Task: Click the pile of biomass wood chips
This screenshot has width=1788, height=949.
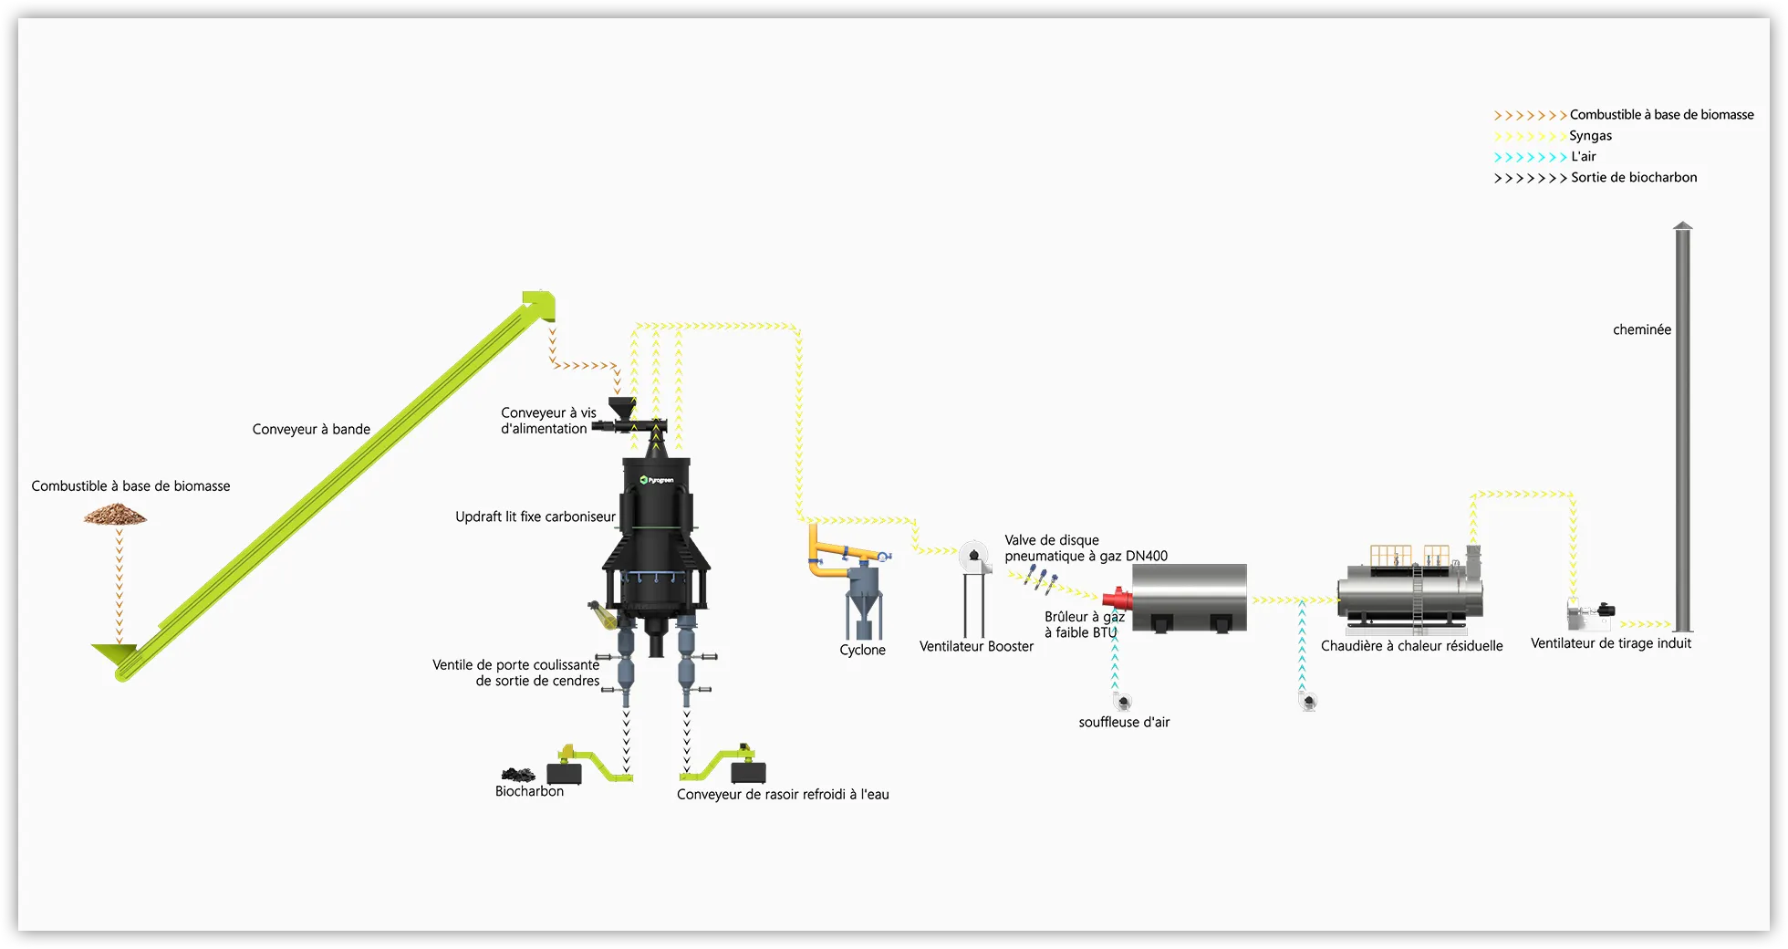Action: pyautogui.click(x=115, y=516)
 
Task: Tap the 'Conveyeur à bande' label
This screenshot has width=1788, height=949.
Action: pyautogui.click(x=311, y=429)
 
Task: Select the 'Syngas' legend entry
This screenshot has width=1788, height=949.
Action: pyautogui.click(x=1590, y=136)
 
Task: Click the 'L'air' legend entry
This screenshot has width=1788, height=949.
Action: pyautogui.click(x=1583, y=157)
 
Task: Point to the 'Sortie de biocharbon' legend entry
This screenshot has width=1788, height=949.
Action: pyautogui.click(x=1634, y=178)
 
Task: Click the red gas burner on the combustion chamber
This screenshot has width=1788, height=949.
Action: pyautogui.click(x=1117, y=600)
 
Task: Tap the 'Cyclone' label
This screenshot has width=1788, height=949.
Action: pyautogui.click(x=862, y=650)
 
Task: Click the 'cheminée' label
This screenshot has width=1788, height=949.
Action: pyautogui.click(x=1642, y=329)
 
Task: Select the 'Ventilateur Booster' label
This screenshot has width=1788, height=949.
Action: pyautogui.click(x=976, y=646)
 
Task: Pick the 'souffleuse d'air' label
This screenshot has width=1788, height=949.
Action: pyautogui.click(x=1124, y=722)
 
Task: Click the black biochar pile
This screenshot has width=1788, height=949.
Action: pyautogui.click(x=518, y=775)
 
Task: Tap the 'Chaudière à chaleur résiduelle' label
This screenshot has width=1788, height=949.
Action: pyautogui.click(x=1411, y=646)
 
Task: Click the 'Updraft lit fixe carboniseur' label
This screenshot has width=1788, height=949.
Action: pyautogui.click(x=535, y=516)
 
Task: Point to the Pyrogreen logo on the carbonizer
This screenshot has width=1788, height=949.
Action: pyautogui.click(x=657, y=480)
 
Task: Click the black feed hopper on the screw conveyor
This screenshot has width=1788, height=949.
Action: pyautogui.click(x=623, y=408)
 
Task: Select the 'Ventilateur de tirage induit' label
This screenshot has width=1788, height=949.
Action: pyautogui.click(x=1610, y=643)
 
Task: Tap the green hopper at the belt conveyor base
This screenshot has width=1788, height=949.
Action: pyautogui.click(x=114, y=653)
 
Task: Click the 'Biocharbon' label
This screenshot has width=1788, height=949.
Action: pyautogui.click(x=529, y=791)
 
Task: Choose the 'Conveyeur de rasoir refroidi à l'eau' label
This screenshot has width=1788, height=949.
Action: pyautogui.click(x=783, y=795)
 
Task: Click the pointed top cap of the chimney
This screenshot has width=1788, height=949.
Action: pyautogui.click(x=1683, y=225)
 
